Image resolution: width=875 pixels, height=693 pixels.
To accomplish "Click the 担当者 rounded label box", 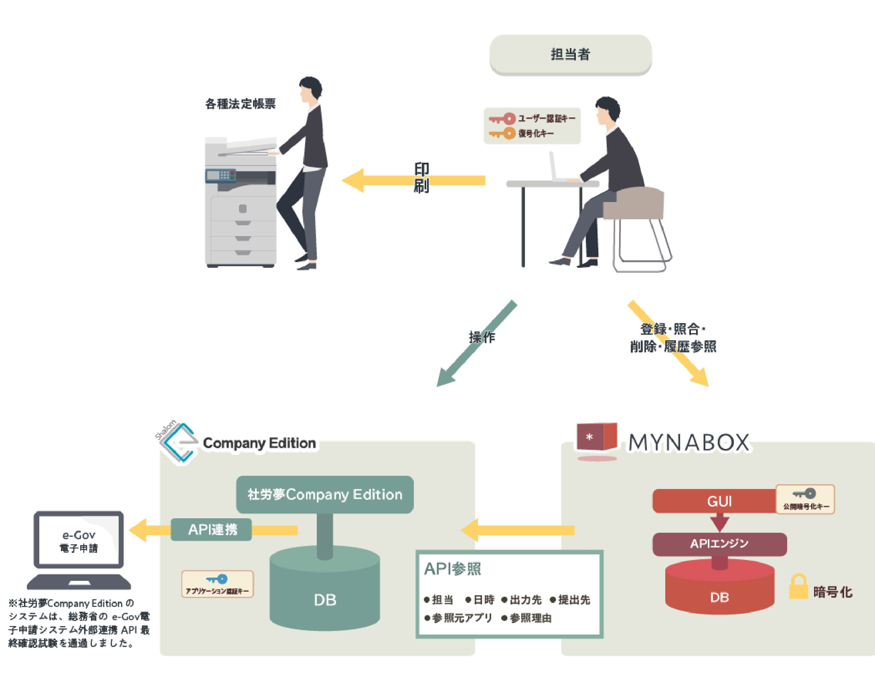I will (x=570, y=54).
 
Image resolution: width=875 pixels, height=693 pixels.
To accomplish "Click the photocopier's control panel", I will (x=221, y=175).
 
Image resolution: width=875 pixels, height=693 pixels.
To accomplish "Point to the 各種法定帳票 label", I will (x=240, y=104).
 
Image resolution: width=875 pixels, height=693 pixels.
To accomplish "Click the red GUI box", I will (x=714, y=501).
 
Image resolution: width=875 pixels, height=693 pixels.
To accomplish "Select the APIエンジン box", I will (x=719, y=544).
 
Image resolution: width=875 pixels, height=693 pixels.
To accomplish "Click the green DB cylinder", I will (x=325, y=593).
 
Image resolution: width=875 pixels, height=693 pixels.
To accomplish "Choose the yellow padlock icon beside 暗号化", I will (x=798, y=587).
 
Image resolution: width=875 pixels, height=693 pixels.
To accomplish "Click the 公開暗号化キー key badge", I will (x=805, y=499).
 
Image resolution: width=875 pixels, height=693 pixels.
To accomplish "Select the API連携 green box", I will (x=211, y=529).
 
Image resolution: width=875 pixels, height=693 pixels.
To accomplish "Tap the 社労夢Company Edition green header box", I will (x=325, y=495).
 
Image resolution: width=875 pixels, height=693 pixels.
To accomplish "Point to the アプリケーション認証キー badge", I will (x=217, y=584).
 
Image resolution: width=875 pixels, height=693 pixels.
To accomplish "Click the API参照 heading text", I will (x=452, y=569).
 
